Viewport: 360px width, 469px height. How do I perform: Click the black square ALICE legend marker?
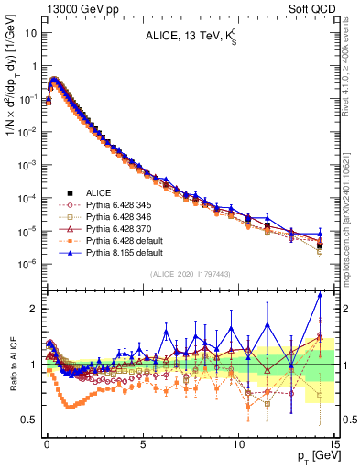click(70, 193)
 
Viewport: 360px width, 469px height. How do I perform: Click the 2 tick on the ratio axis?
click(35, 309)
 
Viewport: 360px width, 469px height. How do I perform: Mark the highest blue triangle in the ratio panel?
click(320, 295)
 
